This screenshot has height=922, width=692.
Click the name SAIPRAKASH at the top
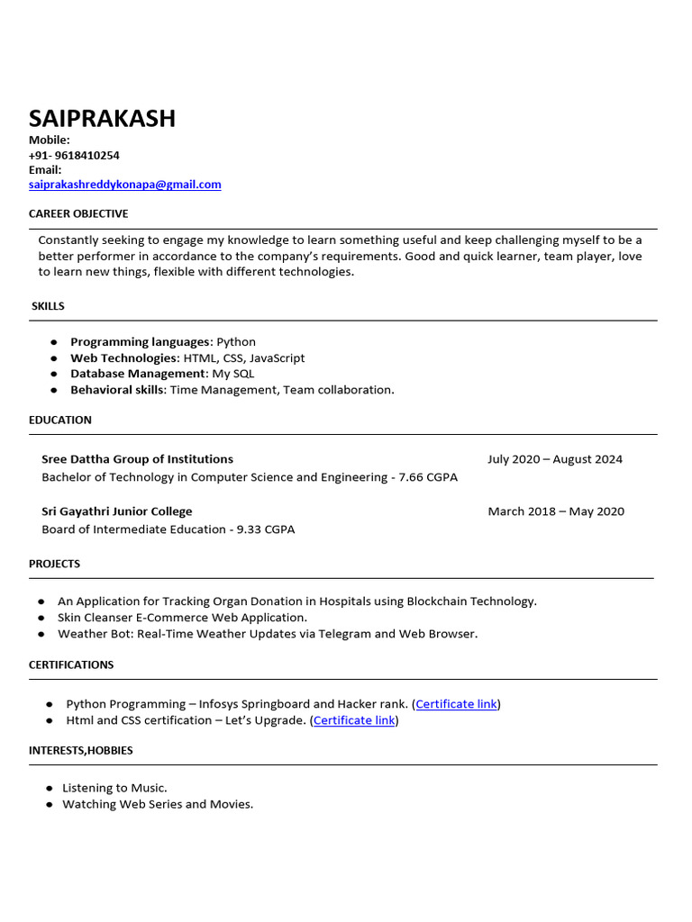coord(102,118)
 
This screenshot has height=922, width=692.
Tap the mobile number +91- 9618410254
coord(74,155)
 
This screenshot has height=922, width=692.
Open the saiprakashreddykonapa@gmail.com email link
coord(124,185)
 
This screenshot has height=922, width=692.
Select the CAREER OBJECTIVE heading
coord(78,213)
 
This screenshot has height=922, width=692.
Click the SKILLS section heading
coord(48,306)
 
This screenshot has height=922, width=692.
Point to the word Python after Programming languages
coord(236,342)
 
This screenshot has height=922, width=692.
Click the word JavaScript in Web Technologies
coord(277,358)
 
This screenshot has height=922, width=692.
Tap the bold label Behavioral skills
coord(117,390)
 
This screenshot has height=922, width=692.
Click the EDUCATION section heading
coord(60,420)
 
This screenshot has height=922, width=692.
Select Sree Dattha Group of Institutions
coord(137,459)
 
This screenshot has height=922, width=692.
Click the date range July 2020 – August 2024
coord(555,459)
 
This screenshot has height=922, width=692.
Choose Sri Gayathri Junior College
coord(116,511)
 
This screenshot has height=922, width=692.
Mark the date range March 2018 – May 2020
coord(556,511)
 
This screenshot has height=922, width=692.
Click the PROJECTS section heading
coord(54,564)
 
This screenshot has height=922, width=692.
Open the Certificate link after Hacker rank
coord(456,704)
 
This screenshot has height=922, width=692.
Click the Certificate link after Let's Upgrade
coord(354,720)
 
